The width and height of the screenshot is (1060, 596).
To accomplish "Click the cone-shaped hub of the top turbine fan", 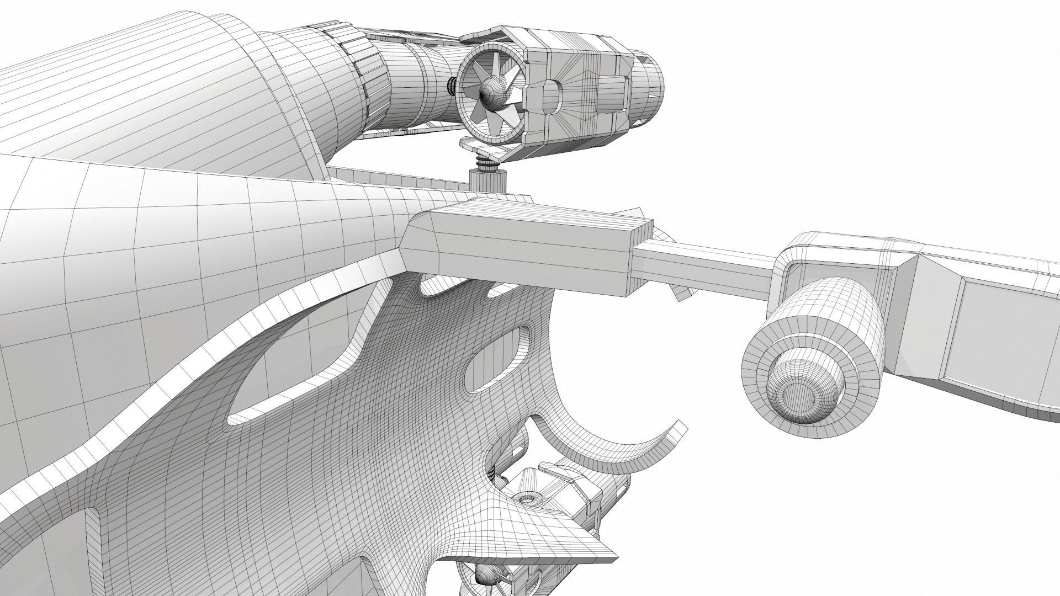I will tap(488, 94).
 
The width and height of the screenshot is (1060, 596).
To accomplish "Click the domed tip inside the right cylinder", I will tap(803, 392).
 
